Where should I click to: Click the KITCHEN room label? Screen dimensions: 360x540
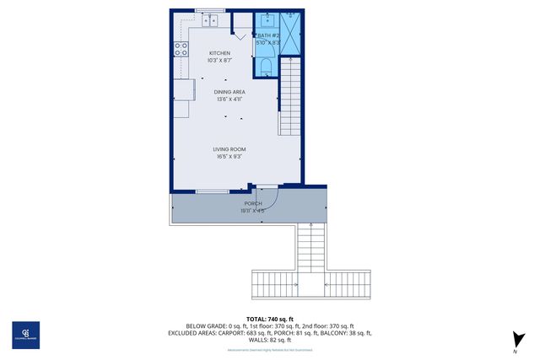tap(219, 53)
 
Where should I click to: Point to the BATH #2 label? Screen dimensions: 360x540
tap(268, 35)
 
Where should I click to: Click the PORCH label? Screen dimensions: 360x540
tap(253, 204)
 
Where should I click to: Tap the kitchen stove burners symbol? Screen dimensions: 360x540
tap(181, 49)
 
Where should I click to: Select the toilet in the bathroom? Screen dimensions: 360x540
tap(266, 67)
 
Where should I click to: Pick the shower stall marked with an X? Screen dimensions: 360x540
tap(289, 34)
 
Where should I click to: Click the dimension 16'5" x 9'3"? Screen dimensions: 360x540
tap(229, 156)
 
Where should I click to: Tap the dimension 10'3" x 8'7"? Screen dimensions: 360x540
tap(219, 61)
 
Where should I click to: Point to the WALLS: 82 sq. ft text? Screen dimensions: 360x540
tap(270, 340)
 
